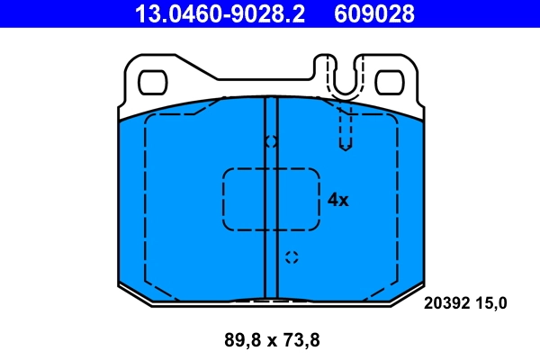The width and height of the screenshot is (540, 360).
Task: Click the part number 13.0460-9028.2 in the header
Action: click(220, 13)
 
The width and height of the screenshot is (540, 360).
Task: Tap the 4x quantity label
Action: click(337, 200)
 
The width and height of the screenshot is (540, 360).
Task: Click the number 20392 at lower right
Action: click(447, 303)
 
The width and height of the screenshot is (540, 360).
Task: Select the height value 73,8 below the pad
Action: click(302, 341)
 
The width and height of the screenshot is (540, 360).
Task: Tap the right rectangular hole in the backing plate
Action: click(389, 82)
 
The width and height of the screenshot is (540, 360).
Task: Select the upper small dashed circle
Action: click(271, 141)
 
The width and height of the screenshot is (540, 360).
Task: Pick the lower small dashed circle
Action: click(291, 257)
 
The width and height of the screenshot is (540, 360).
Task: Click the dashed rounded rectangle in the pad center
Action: click(271, 199)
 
